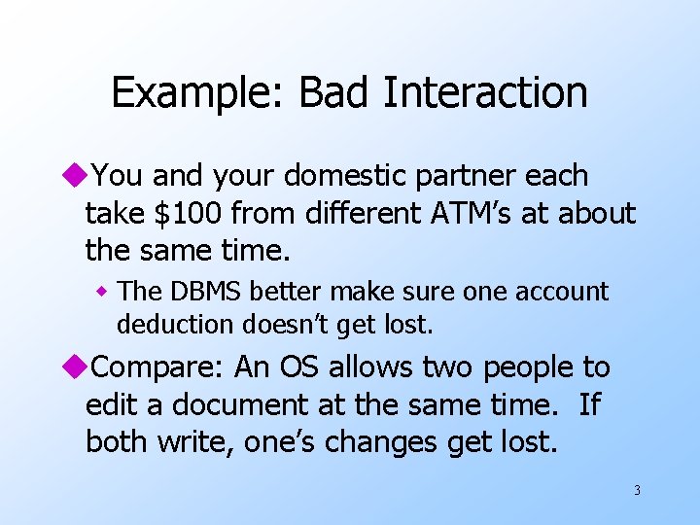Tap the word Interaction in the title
click(x=485, y=92)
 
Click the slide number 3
click(x=637, y=490)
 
